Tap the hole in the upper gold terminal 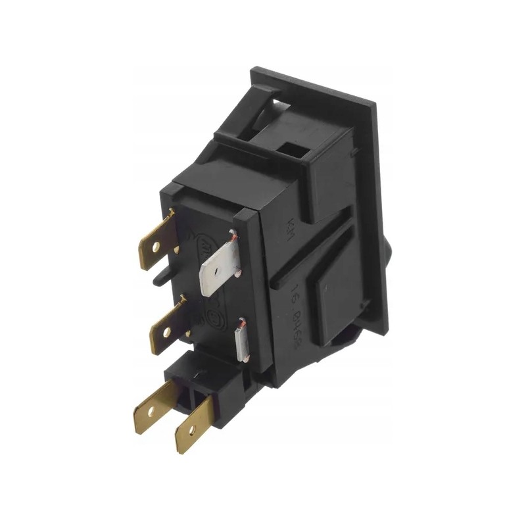156,249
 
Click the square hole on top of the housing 294,151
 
